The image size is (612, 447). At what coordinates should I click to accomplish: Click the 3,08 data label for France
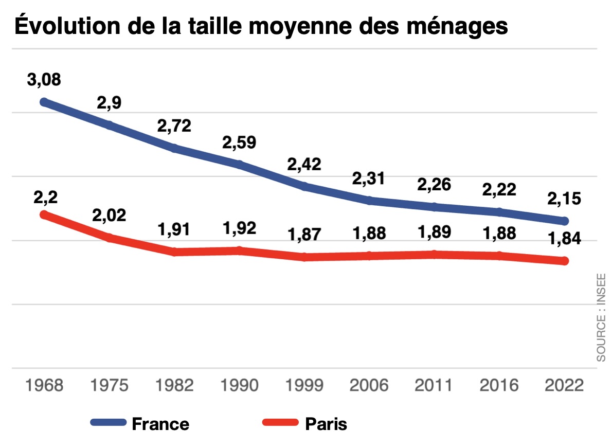click(44, 80)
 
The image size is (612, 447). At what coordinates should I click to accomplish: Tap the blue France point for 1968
click(44, 102)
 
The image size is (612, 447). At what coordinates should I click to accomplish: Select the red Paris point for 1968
click(44, 214)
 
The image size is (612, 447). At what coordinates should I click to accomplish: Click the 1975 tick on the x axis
click(109, 385)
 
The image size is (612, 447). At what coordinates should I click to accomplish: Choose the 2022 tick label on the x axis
click(564, 385)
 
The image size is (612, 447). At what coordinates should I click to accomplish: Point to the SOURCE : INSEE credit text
click(601, 317)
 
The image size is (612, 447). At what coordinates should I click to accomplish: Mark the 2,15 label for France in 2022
click(564, 199)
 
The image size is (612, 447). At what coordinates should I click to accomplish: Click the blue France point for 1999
click(304, 186)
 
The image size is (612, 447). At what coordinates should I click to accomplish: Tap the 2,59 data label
click(239, 142)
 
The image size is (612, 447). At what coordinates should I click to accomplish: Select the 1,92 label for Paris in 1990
click(239, 228)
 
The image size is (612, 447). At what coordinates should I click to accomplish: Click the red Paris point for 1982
click(174, 252)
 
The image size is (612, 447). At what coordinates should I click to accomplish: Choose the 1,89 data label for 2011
click(434, 232)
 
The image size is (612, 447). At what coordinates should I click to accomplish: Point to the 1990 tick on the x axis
click(239, 385)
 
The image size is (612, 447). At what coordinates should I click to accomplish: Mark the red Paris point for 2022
click(564, 261)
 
